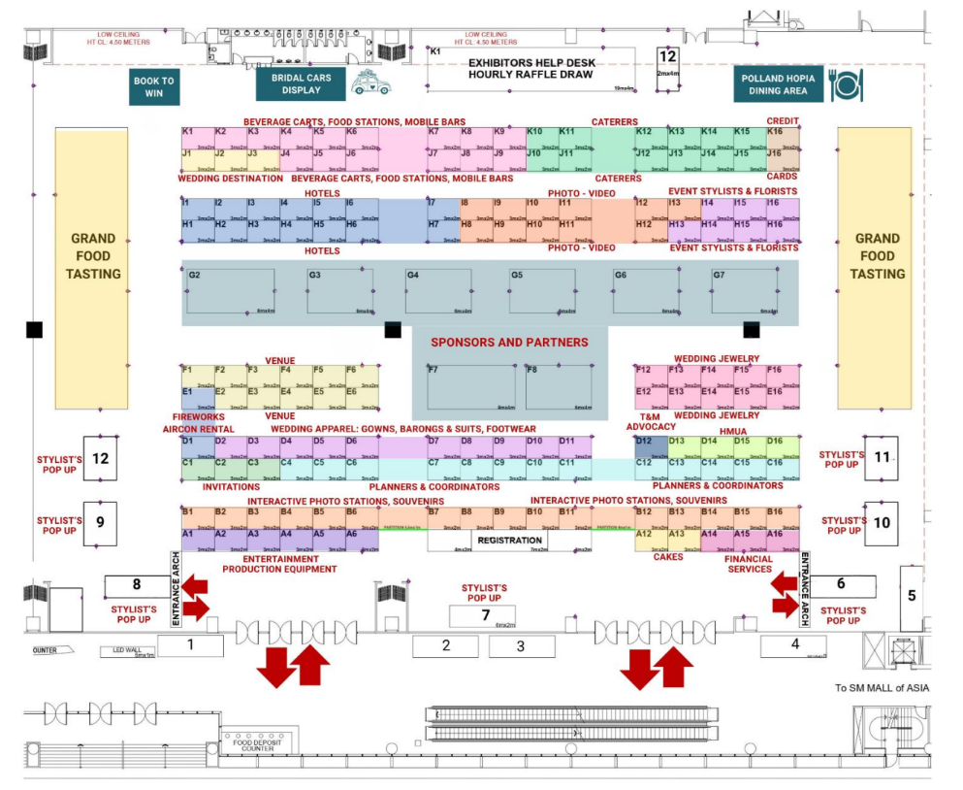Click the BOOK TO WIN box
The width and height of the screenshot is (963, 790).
[x=154, y=86]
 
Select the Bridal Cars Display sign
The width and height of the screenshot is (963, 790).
[x=301, y=84]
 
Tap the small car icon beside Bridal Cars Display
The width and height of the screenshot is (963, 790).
[x=369, y=85]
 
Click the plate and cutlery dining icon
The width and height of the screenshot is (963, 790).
[x=846, y=85]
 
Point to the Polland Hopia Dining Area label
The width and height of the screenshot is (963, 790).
[x=778, y=85]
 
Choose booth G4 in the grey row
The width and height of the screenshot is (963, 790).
[x=438, y=290]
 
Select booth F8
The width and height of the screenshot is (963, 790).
[x=559, y=387]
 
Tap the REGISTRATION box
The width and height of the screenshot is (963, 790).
[x=510, y=541]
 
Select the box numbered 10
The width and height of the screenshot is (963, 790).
[x=881, y=522]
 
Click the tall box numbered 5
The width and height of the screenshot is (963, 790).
[x=911, y=596]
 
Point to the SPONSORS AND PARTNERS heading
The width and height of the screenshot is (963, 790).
[x=509, y=343]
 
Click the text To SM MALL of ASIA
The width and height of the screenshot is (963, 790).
[x=881, y=688]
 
